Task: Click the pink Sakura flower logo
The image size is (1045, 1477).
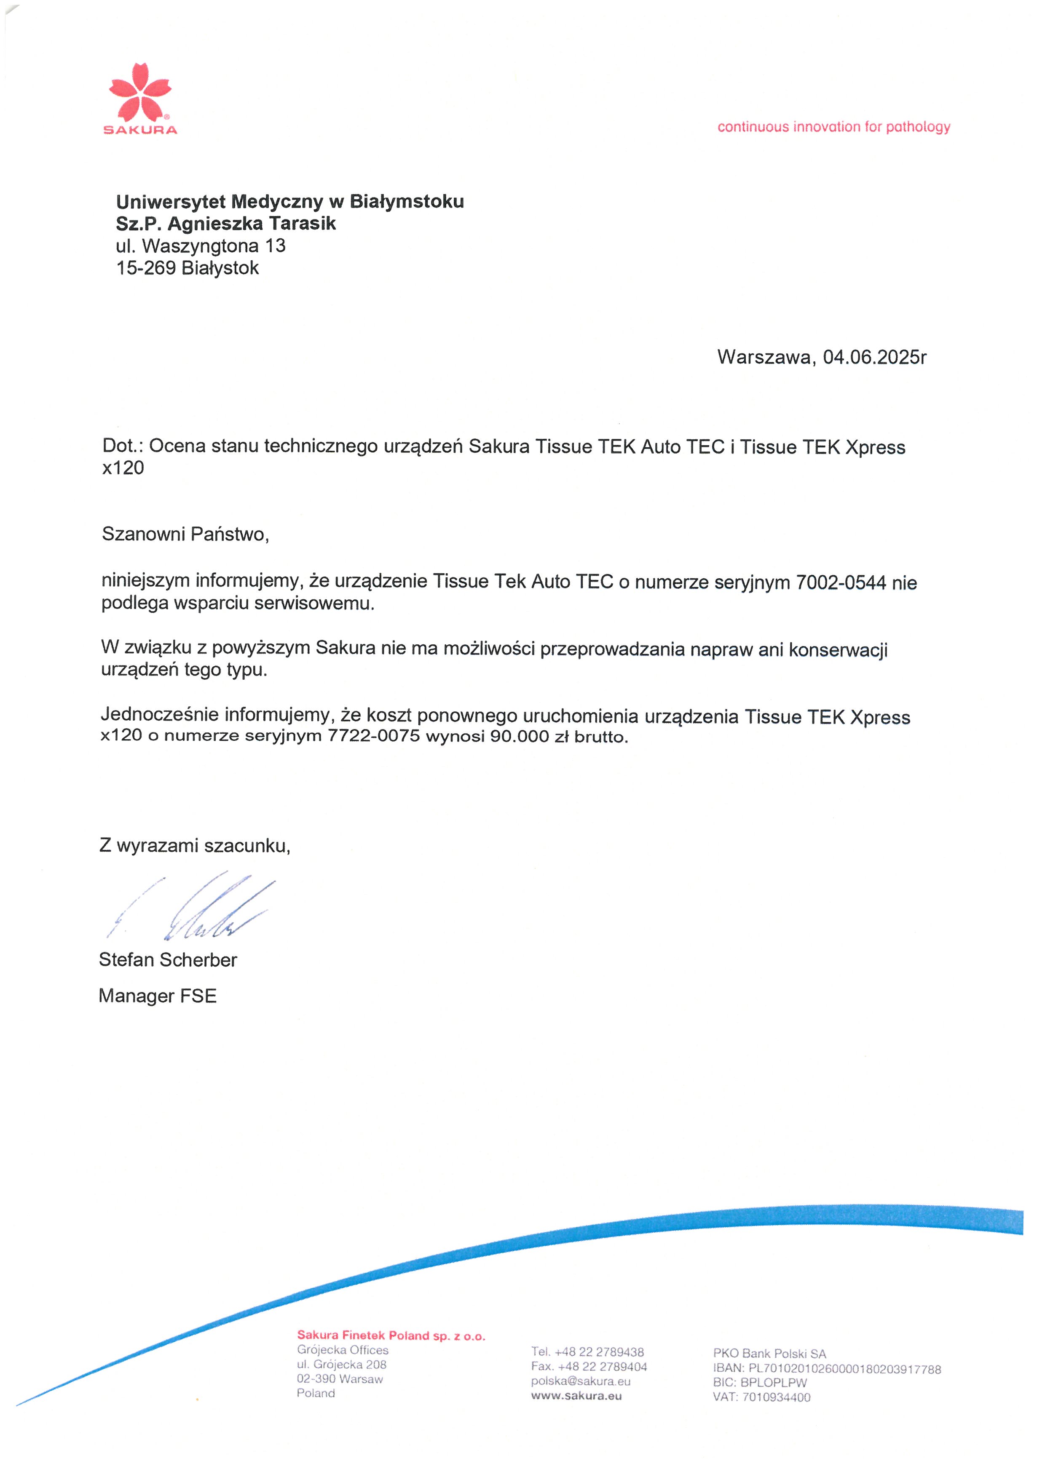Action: click(x=140, y=92)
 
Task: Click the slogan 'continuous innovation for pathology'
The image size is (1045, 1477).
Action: click(x=833, y=127)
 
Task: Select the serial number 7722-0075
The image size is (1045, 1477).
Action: click(x=374, y=736)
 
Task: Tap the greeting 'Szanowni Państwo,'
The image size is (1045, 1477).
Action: click(x=185, y=534)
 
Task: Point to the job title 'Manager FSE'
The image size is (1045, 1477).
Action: click(x=158, y=996)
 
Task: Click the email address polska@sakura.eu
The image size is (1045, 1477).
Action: click(x=580, y=1381)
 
